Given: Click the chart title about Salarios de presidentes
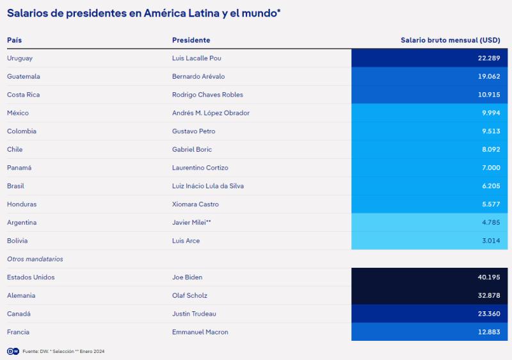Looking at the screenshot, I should pos(144,13).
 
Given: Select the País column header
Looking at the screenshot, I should pos(14,40).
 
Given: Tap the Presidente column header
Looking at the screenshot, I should pos(191,40).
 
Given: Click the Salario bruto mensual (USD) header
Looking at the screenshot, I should pos(451,40).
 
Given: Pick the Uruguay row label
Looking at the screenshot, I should pos(20,58).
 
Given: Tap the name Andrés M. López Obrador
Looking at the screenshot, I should pos(211,113).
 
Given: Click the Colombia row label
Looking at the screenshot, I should pos(22,131).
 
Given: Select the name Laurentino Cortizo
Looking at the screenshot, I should pos(201,168).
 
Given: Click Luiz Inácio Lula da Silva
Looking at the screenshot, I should pos(208,186).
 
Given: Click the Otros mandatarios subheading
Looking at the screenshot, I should pos(35,259).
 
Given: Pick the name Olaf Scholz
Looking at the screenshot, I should pos(189,295).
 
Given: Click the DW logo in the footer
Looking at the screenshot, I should pos(13,351).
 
